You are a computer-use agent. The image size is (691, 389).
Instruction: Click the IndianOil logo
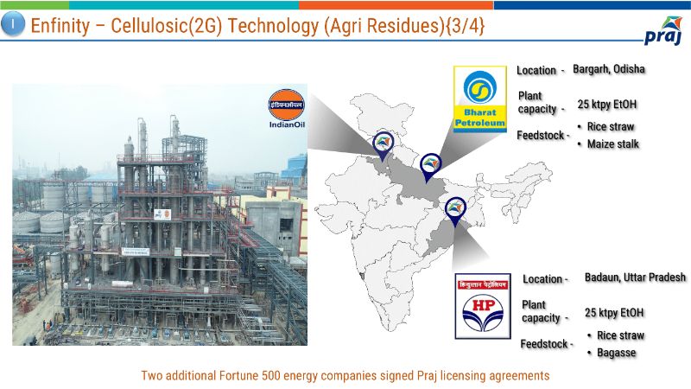[x=287, y=109]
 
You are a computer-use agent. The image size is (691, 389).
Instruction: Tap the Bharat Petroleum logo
[x=480, y=99]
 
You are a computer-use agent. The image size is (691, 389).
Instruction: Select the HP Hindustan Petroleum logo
[x=483, y=306]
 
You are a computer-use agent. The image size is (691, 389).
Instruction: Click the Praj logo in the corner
[x=663, y=31]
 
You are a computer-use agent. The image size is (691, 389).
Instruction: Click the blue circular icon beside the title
[x=13, y=24]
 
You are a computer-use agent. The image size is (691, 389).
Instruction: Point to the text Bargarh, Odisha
[x=609, y=69]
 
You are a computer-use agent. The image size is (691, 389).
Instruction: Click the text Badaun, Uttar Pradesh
[x=635, y=277]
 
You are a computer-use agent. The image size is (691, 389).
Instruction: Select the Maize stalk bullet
[x=608, y=143]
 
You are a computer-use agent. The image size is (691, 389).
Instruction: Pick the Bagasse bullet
[x=612, y=353]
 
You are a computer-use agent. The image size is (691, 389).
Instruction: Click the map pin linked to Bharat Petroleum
[x=430, y=168]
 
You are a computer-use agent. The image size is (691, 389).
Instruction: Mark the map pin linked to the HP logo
[x=455, y=212]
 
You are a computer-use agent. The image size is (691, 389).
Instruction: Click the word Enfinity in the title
[x=60, y=26]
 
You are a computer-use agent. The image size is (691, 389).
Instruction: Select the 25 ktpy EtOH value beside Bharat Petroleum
[x=607, y=105]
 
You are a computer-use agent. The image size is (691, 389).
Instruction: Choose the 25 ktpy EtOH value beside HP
[x=614, y=313]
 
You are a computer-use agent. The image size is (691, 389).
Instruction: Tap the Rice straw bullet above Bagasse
[x=616, y=335]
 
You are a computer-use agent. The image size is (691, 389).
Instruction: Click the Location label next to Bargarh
[x=536, y=71]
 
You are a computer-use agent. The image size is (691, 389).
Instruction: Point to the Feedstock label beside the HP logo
[x=544, y=344]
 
